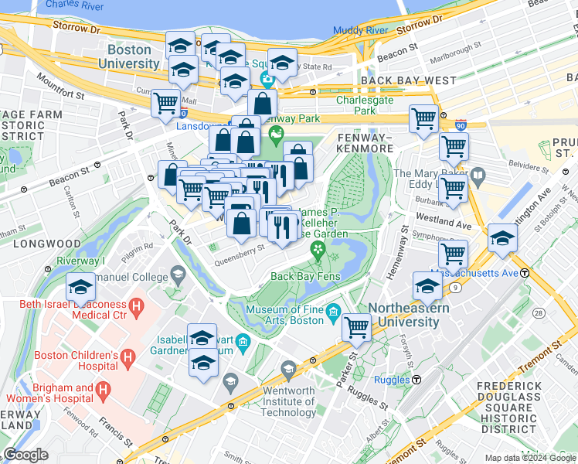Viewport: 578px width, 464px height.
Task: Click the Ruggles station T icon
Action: coord(416,379)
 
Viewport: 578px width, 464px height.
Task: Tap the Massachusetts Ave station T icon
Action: coord(525,272)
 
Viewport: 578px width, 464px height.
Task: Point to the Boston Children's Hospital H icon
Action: coord(128,357)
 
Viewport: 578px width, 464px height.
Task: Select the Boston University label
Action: coord(128,56)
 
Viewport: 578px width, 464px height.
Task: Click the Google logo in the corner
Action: coord(25,455)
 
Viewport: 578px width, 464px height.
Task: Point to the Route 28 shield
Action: coord(538,312)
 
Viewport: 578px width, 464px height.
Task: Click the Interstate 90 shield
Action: coord(461,125)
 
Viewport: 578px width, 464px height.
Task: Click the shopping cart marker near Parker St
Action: coord(356,326)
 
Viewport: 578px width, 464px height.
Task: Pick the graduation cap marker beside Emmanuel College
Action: coord(80,287)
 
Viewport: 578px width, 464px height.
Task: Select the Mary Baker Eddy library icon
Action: coord(478,177)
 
